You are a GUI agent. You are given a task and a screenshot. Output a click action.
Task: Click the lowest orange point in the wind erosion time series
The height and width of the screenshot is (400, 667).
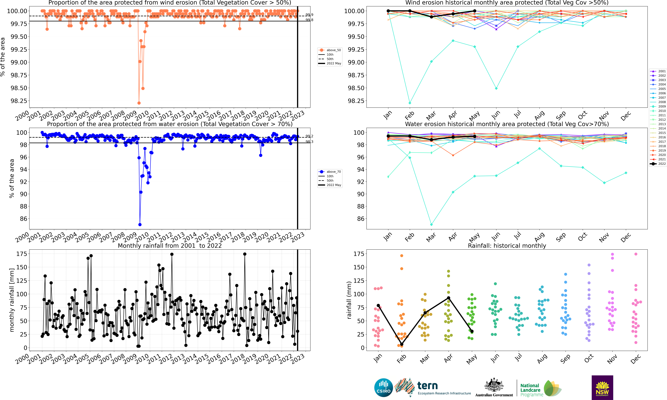(x=139, y=103)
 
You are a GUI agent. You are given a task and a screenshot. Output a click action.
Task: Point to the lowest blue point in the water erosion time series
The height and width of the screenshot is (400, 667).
(x=140, y=225)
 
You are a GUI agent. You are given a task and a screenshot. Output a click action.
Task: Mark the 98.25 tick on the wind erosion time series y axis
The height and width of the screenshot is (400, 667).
(x=19, y=101)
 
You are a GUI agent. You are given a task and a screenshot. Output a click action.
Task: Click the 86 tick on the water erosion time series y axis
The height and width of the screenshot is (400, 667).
(x=23, y=219)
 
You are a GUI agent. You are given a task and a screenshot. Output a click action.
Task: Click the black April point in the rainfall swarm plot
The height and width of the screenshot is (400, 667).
(x=449, y=298)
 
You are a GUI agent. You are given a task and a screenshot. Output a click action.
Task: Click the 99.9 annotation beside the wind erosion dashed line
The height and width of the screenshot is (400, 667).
(x=309, y=15)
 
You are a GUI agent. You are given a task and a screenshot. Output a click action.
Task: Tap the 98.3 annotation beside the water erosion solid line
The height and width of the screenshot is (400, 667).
(x=309, y=142)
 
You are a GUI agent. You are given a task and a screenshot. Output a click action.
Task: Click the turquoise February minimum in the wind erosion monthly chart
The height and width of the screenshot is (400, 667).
(x=410, y=103)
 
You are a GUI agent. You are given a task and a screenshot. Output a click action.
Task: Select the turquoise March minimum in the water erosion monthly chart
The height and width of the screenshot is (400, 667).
(x=431, y=225)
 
